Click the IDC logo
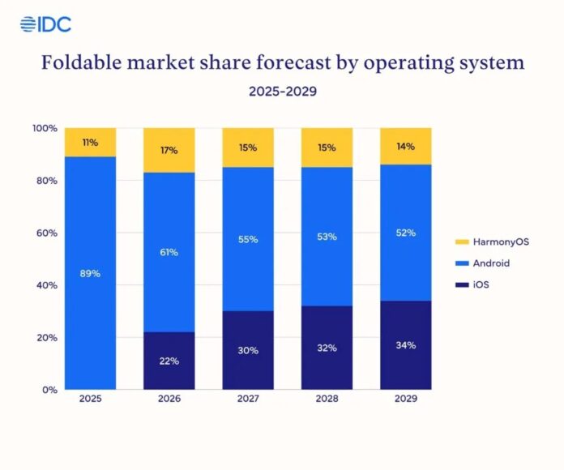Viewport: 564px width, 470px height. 45,24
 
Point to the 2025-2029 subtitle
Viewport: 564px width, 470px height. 282,92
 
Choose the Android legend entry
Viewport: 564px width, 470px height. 489,263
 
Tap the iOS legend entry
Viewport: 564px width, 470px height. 482,285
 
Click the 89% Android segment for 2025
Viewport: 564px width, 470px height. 90,272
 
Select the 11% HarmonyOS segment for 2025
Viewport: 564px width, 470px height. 90,143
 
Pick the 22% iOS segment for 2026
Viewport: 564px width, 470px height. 169,361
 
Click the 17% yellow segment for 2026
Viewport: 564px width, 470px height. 169,150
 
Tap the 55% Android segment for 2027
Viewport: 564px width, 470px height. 248,239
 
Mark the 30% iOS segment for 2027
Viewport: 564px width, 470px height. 248,350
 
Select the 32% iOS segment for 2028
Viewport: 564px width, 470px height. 327,348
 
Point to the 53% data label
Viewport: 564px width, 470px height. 327,236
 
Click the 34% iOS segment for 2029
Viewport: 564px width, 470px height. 405,345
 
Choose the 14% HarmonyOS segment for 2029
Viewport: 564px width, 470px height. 405,147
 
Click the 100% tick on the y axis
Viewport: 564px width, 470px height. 45,129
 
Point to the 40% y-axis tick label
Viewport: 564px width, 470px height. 46,285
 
